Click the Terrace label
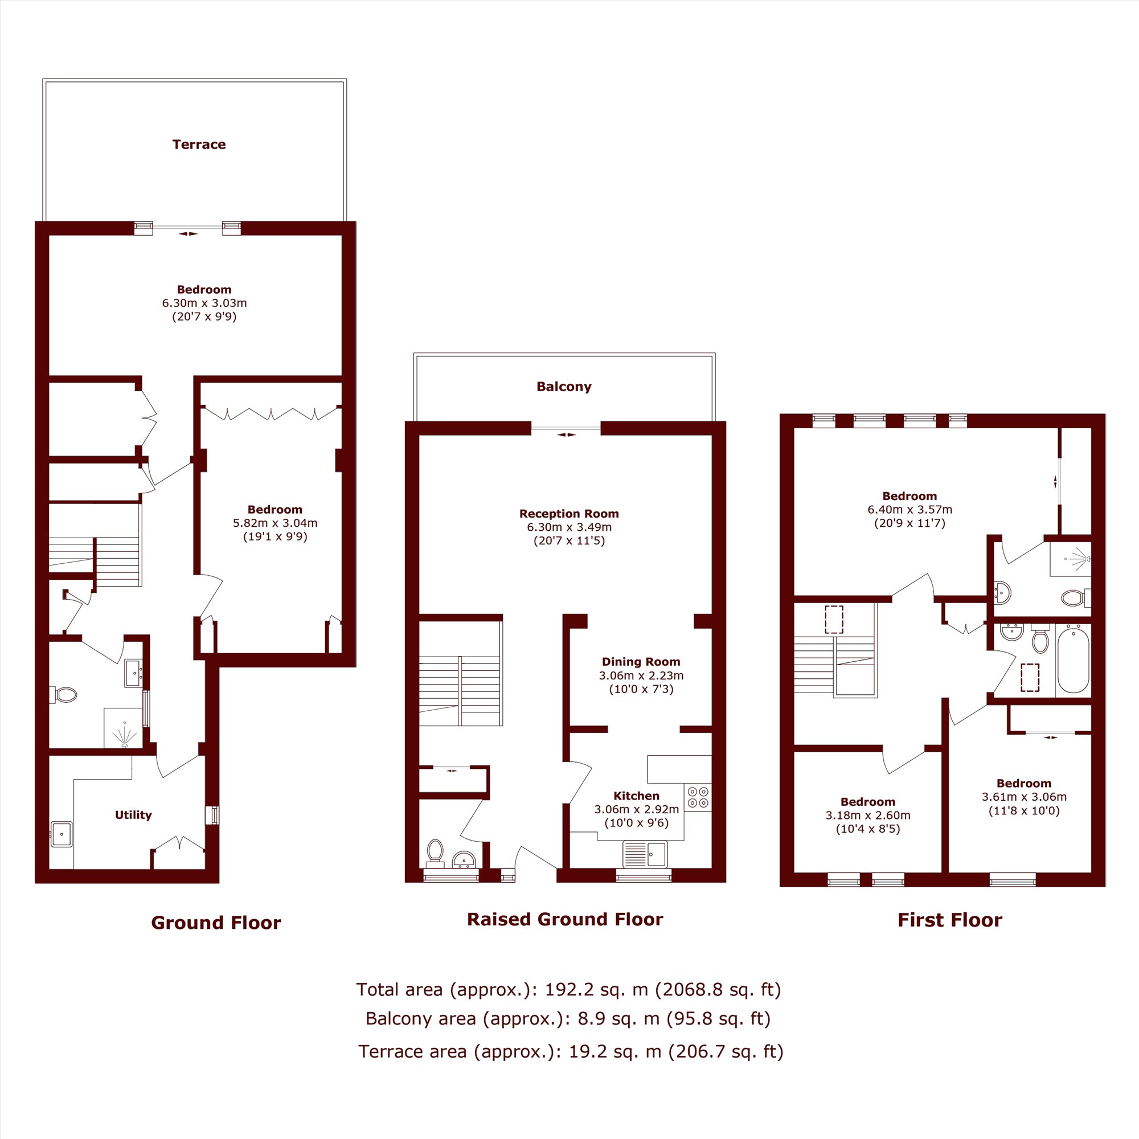click(x=199, y=145)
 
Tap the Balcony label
click(x=564, y=387)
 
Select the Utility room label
click(x=133, y=815)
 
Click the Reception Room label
click(x=569, y=514)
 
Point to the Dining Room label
click(x=641, y=661)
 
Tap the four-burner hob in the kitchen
click(x=698, y=798)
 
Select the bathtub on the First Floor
click(x=1073, y=661)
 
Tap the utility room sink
click(x=62, y=834)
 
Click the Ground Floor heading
click(x=216, y=923)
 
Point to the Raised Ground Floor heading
click(x=565, y=919)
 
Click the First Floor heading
click(x=950, y=920)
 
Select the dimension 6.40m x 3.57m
click(x=909, y=509)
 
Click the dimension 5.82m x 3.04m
click(x=274, y=523)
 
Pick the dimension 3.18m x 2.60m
click(x=868, y=816)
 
